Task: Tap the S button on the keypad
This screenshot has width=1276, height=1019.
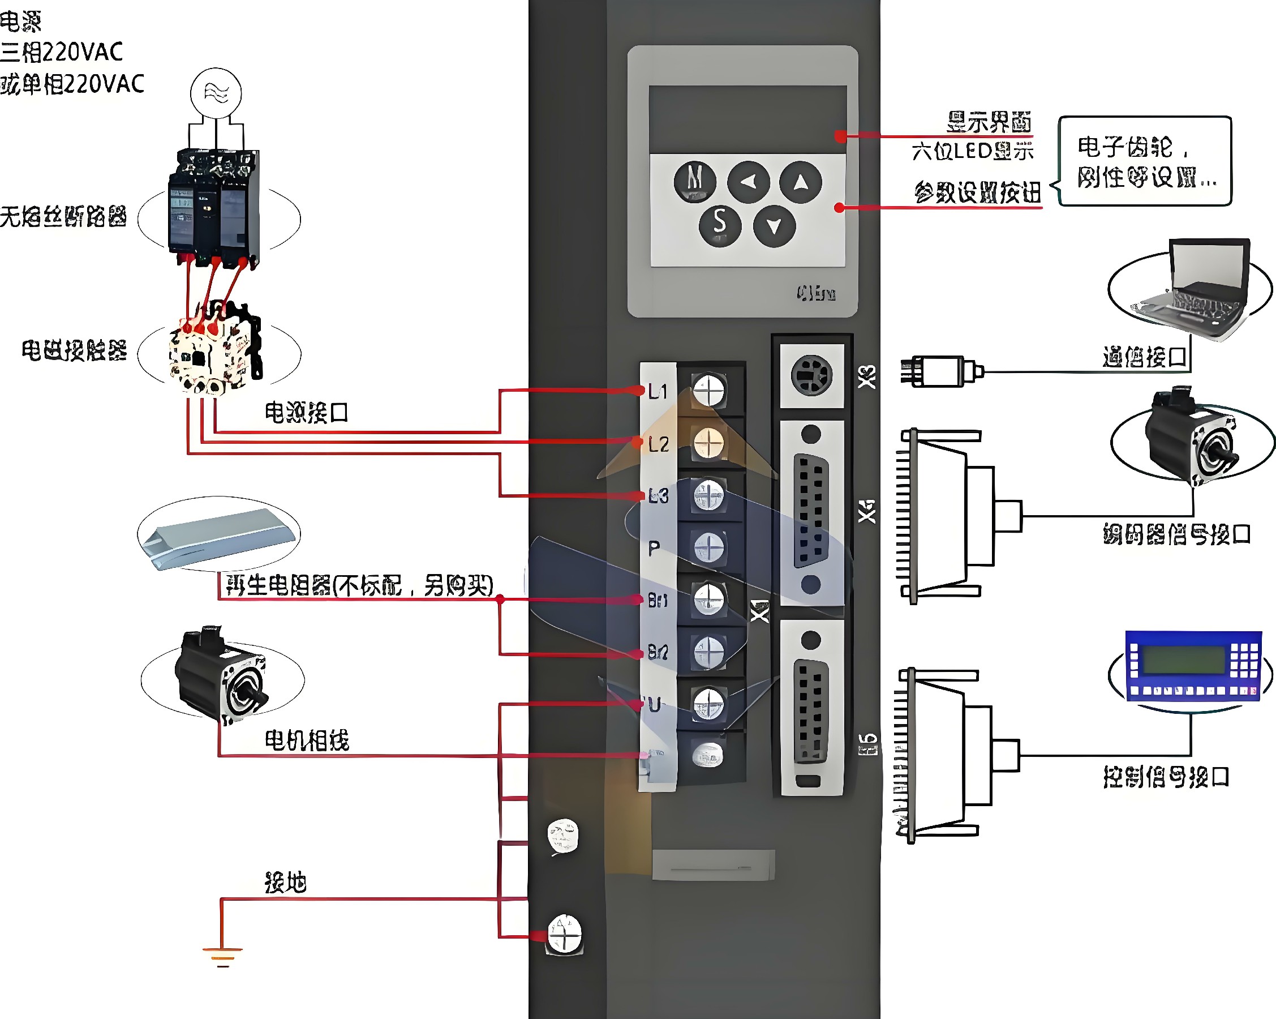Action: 720,224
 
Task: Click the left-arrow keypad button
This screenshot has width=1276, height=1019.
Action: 748,182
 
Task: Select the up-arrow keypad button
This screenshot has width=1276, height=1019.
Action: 800,182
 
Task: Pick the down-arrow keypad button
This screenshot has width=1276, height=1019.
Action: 774,225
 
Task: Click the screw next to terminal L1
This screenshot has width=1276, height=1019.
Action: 708,390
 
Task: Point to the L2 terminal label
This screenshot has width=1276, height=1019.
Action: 658,444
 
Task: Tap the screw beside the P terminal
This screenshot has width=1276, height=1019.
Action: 708,547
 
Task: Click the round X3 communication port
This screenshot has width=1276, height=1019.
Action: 811,375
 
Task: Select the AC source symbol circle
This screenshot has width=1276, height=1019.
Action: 216,93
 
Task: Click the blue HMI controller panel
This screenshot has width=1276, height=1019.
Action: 1191,666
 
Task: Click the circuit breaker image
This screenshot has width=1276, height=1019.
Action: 214,207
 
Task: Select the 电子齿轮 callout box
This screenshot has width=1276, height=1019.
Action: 1145,161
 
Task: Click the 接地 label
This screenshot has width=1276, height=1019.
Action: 285,882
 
